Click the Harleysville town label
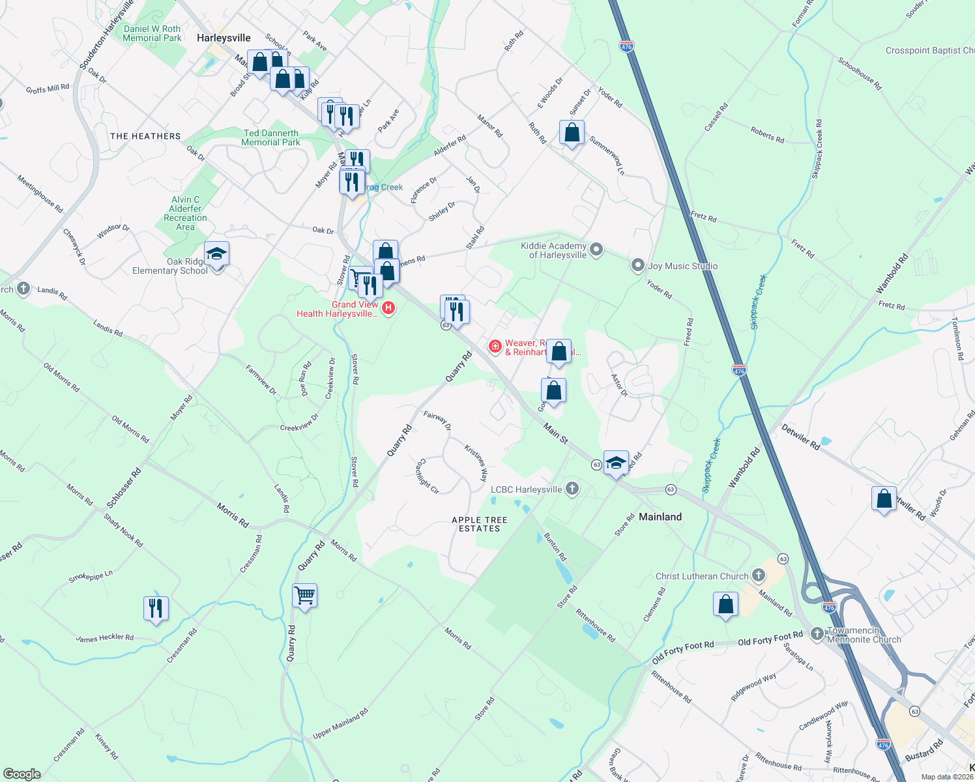pos(224,38)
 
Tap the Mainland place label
pos(660,517)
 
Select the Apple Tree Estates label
pos(480,525)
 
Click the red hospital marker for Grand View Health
pos(388,308)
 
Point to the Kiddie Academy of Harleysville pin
pos(596,250)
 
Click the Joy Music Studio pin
pos(638,266)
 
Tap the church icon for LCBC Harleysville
pos(572,489)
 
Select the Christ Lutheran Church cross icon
pos(758,575)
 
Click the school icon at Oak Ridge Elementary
pos(216,254)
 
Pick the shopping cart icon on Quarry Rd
pos(304,595)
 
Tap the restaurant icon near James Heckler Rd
pos(156,609)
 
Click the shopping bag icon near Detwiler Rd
pos(884,499)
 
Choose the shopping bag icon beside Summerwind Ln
pos(572,133)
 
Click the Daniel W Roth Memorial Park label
pos(152,33)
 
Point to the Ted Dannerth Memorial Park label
pos(270,138)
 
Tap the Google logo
pos(22,774)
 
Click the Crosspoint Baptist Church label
pos(929,50)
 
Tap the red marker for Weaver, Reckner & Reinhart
pos(495,346)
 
